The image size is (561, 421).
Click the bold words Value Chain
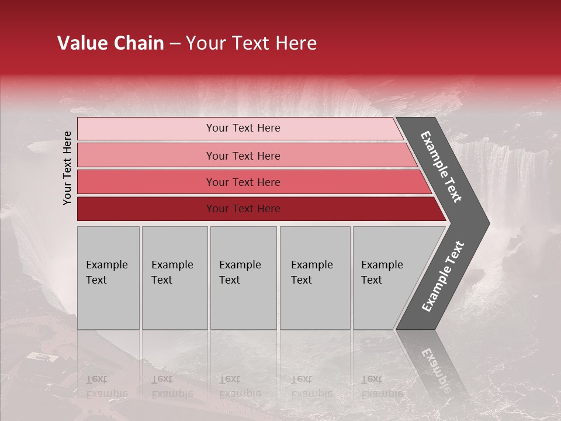[110, 43]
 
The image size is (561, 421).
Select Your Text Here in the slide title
[251, 43]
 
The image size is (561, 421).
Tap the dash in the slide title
[175, 44]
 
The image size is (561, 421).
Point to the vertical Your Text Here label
[67, 168]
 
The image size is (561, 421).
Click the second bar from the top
[243, 156]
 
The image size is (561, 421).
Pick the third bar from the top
[243, 182]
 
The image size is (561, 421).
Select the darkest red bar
[243, 209]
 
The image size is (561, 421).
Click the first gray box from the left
[108, 278]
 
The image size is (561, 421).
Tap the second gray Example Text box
[174, 278]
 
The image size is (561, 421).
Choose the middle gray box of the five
[243, 278]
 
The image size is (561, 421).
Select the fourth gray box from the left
[314, 278]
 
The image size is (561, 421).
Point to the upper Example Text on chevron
[441, 167]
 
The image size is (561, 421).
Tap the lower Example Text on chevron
[442, 277]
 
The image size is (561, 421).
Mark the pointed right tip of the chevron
[488, 223]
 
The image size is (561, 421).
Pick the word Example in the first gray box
[106, 265]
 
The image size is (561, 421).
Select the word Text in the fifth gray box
[371, 280]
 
